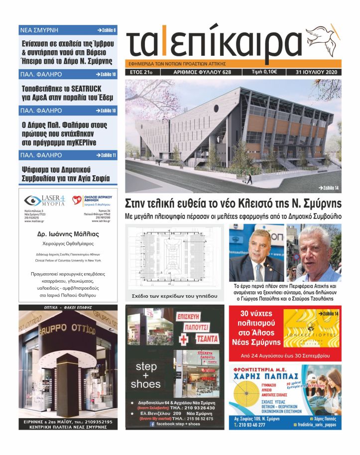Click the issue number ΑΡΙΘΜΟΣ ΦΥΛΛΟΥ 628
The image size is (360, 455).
(x=202, y=72)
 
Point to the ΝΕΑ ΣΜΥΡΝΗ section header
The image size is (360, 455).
(x=39, y=30)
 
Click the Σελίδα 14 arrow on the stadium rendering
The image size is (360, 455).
(x=328, y=187)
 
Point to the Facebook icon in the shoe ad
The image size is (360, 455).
(x=152, y=424)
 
